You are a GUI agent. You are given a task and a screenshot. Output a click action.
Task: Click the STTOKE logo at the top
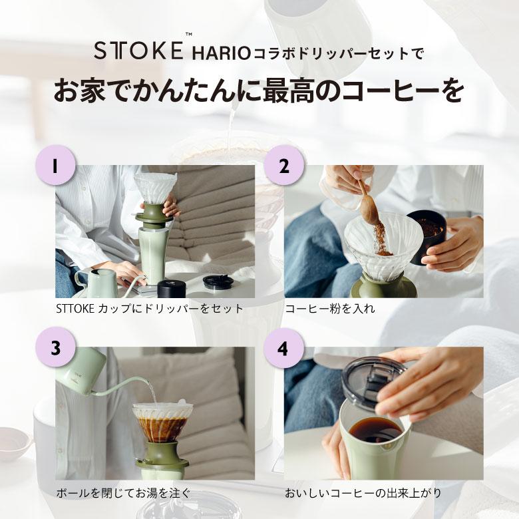click(x=138, y=49)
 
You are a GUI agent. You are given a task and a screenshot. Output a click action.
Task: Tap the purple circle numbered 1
click(x=55, y=165)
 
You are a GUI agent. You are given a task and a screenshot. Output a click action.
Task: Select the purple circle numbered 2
click(x=284, y=165)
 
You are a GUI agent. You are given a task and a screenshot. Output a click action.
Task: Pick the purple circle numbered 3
click(x=55, y=348)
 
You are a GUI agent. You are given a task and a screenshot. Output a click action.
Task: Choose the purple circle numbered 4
click(x=284, y=348)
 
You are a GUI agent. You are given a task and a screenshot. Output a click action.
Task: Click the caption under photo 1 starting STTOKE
click(x=150, y=309)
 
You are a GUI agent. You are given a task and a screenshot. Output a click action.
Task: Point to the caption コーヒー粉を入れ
click(x=330, y=309)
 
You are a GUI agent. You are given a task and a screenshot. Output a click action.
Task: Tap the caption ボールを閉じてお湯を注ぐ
click(x=123, y=493)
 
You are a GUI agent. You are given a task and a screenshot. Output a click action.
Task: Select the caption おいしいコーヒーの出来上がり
click(x=363, y=493)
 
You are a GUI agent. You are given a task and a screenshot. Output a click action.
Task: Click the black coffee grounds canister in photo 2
click(x=427, y=238)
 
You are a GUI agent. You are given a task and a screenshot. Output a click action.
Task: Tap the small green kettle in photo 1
click(x=99, y=282)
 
